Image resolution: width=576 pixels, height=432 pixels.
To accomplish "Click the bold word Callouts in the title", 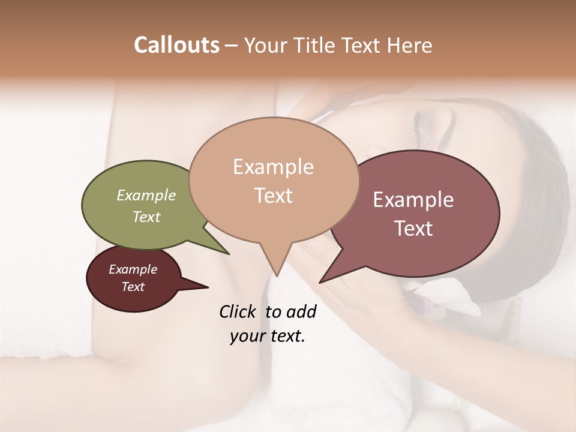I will click(x=176, y=45).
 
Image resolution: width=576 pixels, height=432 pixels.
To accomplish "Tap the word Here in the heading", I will click(x=410, y=45).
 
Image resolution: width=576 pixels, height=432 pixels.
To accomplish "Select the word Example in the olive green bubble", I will click(x=146, y=196).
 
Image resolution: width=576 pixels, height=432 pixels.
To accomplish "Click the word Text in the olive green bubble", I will click(x=146, y=217).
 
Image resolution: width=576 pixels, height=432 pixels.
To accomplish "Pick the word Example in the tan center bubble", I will click(x=273, y=167).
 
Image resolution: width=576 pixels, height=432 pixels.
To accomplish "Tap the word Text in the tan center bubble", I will click(x=273, y=196).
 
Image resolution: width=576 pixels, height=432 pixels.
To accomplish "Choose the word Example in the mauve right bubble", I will click(x=413, y=200).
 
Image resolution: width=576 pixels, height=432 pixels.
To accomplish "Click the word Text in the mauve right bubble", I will click(x=413, y=228).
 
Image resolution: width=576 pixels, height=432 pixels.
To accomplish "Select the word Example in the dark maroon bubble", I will click(x=133, y=269).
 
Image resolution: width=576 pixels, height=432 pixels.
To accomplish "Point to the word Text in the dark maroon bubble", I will click(x=133, y=287).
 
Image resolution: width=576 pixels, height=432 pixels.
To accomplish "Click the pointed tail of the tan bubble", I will click(x=276, y=267).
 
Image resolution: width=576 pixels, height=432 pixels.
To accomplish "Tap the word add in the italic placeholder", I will click(x=302, y=311).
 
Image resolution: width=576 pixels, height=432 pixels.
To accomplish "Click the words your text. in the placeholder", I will click(x=268, y=336).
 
